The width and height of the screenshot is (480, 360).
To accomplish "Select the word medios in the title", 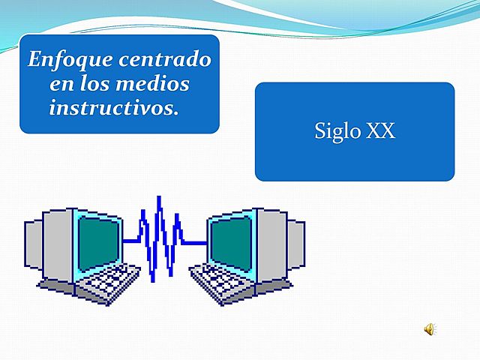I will click(155, 83).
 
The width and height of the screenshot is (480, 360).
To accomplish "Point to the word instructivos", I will click(114, 107).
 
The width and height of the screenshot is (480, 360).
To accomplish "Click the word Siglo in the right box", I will click(337, 132).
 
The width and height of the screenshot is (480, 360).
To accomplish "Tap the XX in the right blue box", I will click(380, 132).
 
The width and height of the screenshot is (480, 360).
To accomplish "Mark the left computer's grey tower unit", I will click(37, 247).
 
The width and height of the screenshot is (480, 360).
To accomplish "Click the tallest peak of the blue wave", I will click(159, 197).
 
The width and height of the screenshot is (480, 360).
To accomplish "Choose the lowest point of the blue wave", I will click(154, 280).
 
